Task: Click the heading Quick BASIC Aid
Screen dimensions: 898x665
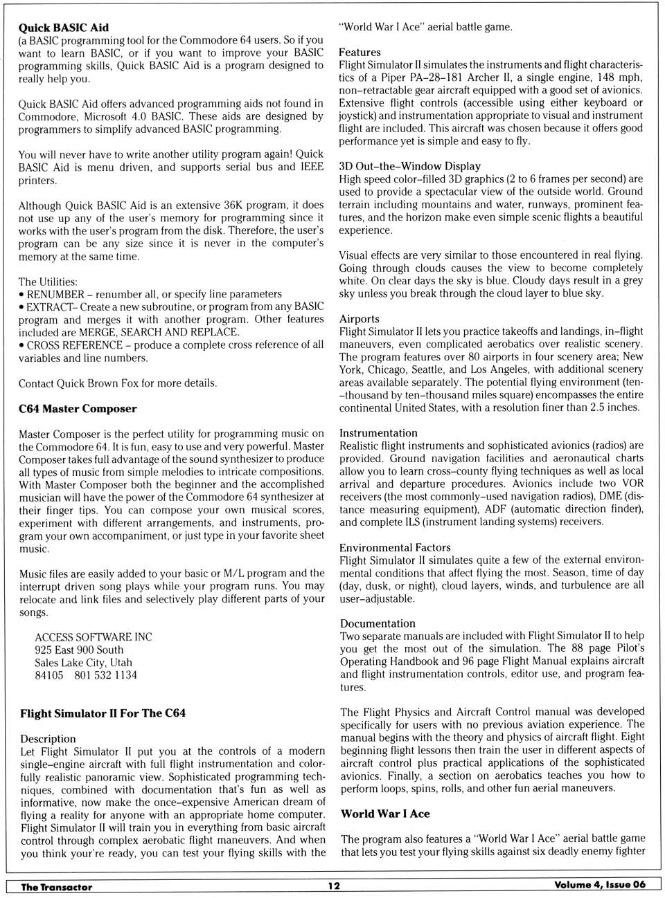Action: [63, 28]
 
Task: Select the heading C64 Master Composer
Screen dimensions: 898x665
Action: [78, 408]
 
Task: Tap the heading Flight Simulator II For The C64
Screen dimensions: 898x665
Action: [103, 713]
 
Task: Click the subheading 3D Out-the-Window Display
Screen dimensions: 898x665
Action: [409, 166]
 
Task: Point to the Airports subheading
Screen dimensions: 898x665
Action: [359, 319]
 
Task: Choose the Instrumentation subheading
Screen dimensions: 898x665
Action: [378, 433]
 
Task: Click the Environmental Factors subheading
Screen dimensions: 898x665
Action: [395, 547]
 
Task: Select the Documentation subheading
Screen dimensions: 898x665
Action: [378, 623]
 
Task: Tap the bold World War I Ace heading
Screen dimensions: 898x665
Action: [385, 814]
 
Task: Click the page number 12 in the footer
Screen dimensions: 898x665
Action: [334, 886]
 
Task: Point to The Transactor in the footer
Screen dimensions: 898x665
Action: [56, 887]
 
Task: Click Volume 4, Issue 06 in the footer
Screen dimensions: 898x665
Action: [599, 885]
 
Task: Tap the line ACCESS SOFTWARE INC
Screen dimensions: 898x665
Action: [94, 636]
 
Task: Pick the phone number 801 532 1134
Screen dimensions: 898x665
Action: [105, 675]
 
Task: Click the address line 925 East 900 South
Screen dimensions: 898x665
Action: [79, 650]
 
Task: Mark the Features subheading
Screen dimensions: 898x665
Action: [360, 53]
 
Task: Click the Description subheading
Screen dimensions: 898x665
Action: [48, 739]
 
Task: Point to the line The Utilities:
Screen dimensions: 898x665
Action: [48, 282]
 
